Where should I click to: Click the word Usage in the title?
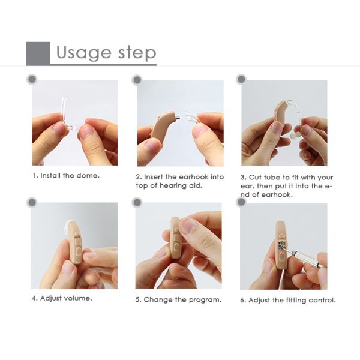tap(83, 53)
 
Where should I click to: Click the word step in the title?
tap(137, 53)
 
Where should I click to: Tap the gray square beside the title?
tap(38, 53)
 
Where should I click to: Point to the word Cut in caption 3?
tap(255, 178)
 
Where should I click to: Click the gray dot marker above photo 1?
tap(32, 79)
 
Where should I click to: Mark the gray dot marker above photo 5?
tap(137, 203)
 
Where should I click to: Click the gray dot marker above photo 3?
tap(241, 79)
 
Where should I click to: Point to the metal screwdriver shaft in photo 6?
tap(303, 257)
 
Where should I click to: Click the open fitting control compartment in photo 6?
tap(282, 245)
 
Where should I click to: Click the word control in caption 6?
tap(322, 301)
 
